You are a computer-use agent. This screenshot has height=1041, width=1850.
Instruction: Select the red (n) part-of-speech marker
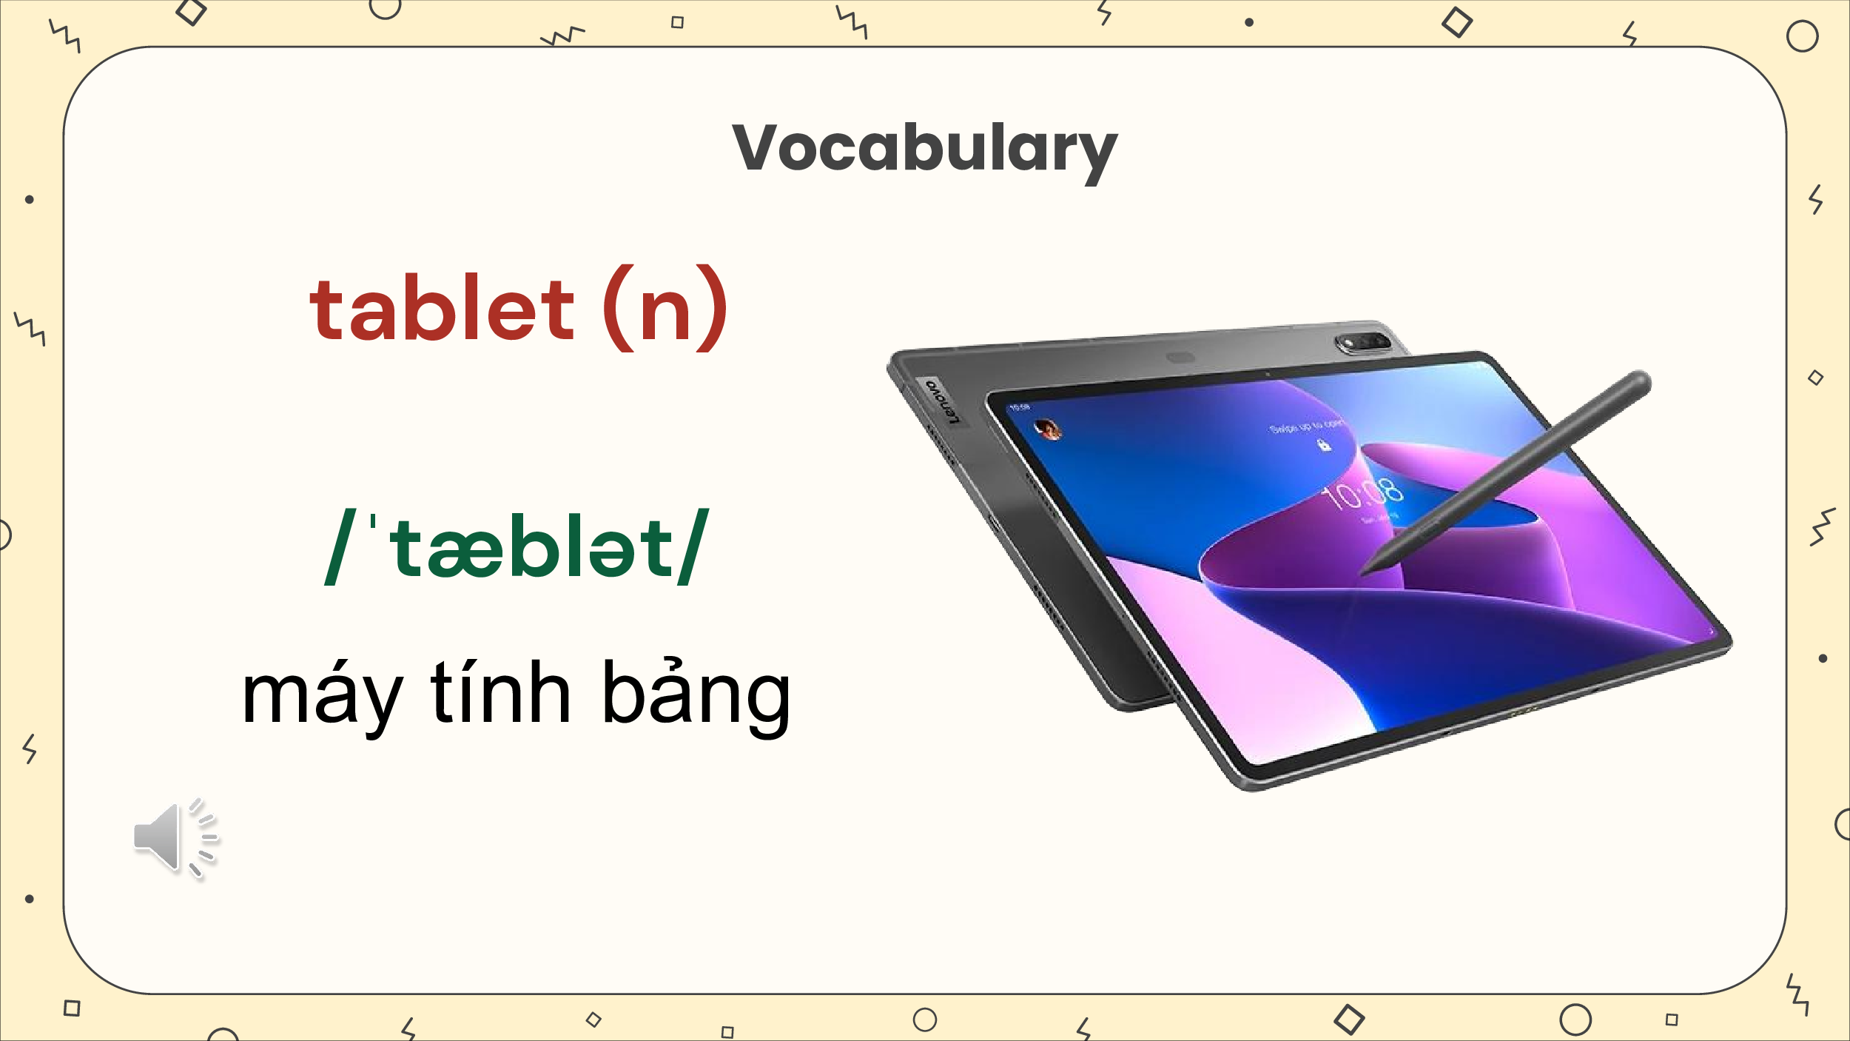point(665,308)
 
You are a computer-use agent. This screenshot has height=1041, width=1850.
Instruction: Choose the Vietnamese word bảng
point(696,694)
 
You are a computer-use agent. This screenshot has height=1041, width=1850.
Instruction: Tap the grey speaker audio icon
point(175,837)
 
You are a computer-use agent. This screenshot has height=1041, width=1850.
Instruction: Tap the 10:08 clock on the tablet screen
point(1363,494)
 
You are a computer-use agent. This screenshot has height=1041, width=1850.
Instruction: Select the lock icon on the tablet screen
point(1324,445)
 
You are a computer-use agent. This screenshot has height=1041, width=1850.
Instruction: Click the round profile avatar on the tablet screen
point(1047,428)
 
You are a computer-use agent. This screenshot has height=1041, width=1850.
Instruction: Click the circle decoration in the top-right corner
point(1802,36)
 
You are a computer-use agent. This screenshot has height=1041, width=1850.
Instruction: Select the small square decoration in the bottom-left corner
point(72,1008)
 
